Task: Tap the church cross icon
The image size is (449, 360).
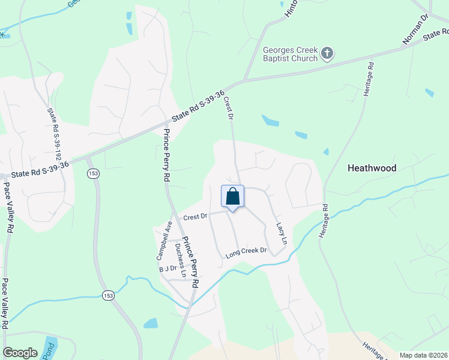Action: click(327, 54)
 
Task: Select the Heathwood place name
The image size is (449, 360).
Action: click(372, 169)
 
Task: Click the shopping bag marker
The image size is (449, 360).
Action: click(232, 197)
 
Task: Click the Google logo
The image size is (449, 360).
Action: click(20, 353)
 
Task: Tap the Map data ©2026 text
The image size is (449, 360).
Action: click(424, 355)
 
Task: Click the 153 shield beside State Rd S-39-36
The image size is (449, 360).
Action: click(92, 174)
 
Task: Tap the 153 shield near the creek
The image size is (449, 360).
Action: click(108, 295)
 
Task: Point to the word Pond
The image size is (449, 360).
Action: click(48, 351)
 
